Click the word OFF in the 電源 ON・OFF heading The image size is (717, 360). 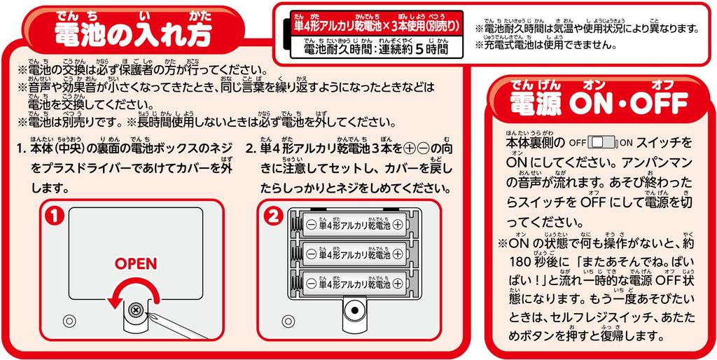click(657, 104)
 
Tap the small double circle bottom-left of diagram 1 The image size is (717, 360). click(68, 321)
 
